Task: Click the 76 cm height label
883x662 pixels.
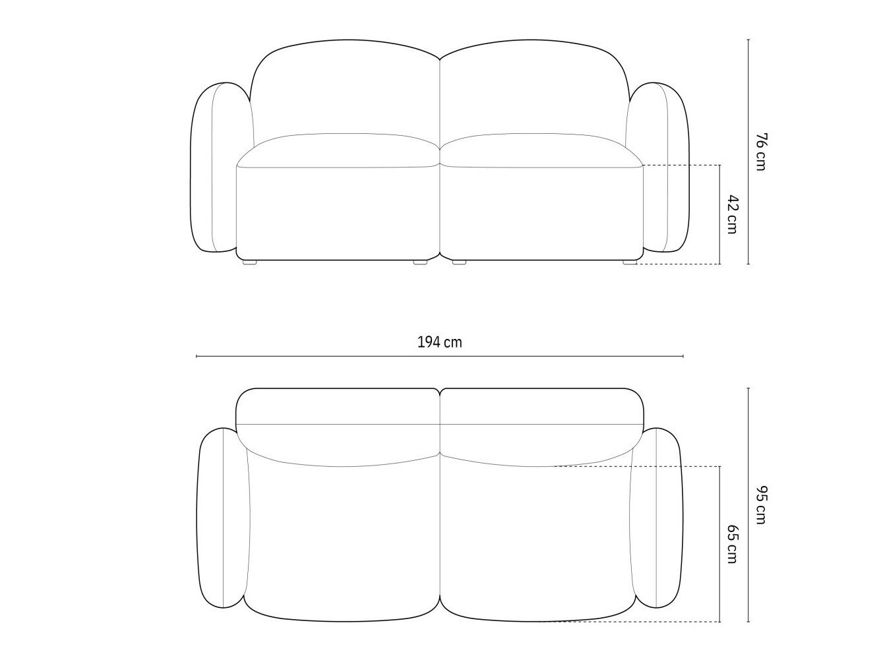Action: coord(760,152)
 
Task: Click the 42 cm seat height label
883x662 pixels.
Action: coord(733,214)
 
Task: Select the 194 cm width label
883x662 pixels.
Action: coord(440,342)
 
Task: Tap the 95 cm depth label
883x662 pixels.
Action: coord(760,505)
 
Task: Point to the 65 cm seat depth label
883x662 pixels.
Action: coord(733,544)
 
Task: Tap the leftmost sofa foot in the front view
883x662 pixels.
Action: coord(250,262)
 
